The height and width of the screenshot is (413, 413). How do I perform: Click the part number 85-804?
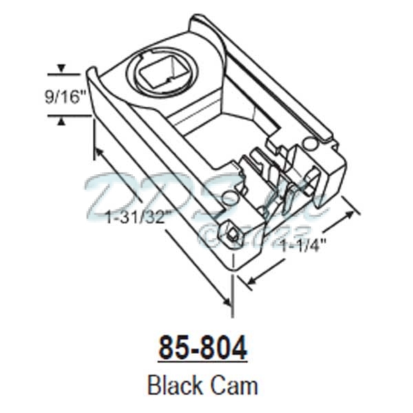[x=202, y=348]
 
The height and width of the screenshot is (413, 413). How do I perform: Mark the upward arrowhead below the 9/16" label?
[x=62, y=120]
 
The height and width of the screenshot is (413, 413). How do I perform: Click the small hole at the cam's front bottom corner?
[x=233, y=235]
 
